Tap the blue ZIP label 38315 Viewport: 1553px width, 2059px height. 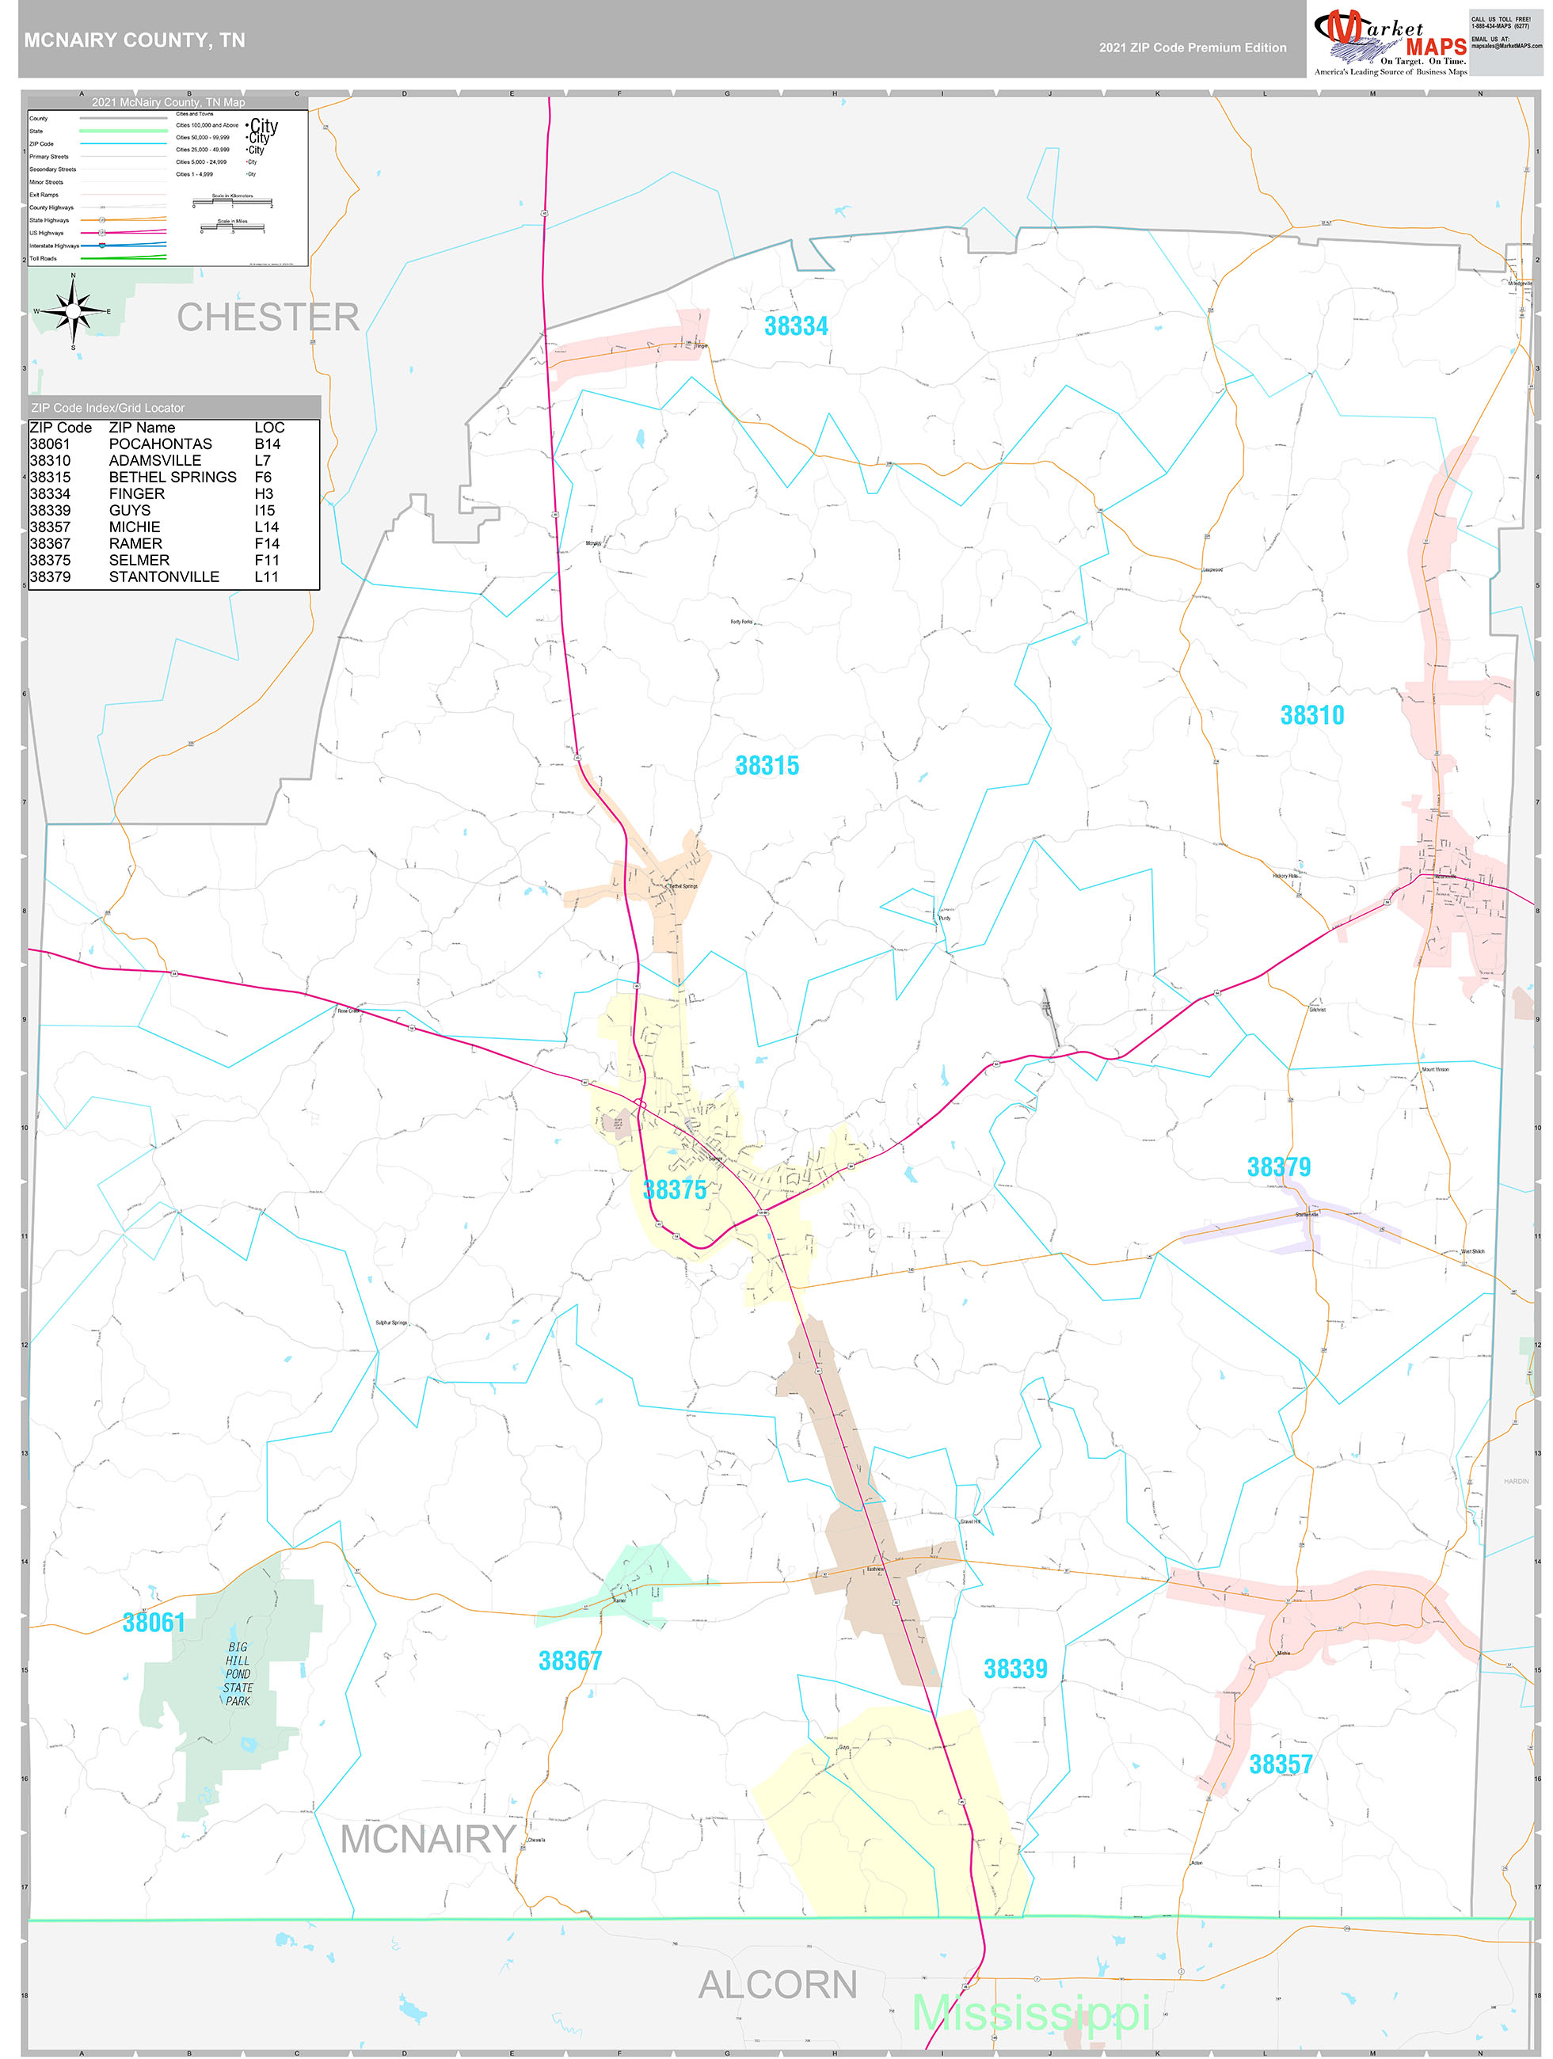coord(767,766)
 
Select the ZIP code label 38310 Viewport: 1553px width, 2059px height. coord(1312,716)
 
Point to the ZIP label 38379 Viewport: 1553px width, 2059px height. coord(1278,1167)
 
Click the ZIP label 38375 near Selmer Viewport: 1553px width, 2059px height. coord(674,1190)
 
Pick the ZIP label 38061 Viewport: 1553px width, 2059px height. coord(154,1623)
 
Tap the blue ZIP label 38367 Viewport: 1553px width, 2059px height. coord(570,1661)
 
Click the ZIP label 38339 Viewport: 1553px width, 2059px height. coord(1014,1670)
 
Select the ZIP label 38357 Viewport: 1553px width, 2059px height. coord(1281,1765)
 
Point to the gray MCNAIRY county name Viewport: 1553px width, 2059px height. coord(428,1840)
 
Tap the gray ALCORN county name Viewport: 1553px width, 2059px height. coord(778,1985)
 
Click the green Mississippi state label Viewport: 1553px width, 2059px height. coord(1030,2015)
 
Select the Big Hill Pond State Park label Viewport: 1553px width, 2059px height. coord(238,1673)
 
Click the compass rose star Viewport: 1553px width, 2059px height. coord(74,312)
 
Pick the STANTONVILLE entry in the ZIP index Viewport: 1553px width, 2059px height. coord(164,577)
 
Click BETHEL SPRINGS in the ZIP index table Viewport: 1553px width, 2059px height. coord(172,478)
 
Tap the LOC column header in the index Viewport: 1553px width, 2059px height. coord(269,428)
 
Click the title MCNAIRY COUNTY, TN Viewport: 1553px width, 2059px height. coord(135,41)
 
